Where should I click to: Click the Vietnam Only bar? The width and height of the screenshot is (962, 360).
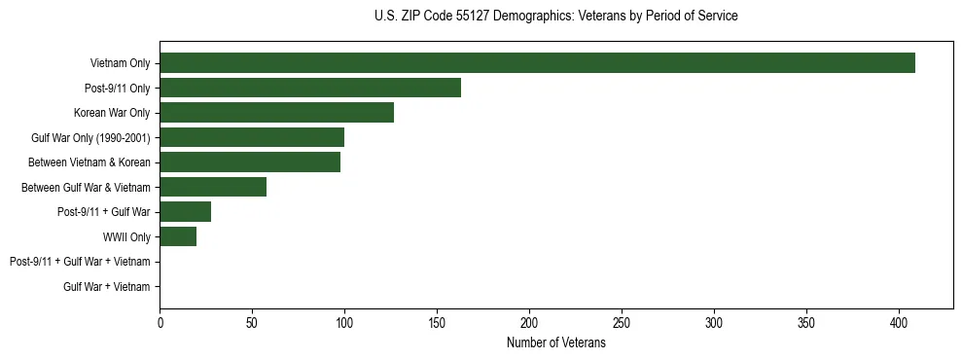[537, 63]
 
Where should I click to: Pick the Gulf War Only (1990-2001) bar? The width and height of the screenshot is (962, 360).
[252, 137]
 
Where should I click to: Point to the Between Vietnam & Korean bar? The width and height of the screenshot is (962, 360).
[250, 162]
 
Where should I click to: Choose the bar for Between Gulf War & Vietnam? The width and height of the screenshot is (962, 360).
[213, 187]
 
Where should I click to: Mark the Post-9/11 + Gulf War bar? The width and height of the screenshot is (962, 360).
[185, 212]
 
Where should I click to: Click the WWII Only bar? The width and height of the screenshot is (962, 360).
[178, 236]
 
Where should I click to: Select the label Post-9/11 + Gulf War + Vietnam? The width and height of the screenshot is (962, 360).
[80, 262]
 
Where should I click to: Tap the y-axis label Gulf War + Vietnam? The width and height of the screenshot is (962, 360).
[107, 287]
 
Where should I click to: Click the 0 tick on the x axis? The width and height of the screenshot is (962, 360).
[160, 322]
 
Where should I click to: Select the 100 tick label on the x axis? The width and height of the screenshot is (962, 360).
[344, 322]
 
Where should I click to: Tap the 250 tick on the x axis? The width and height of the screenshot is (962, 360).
[622, 322]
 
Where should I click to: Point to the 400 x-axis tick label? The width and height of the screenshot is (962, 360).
[899, 322]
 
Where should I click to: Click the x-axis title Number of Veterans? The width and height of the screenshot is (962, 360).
[555, 342]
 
